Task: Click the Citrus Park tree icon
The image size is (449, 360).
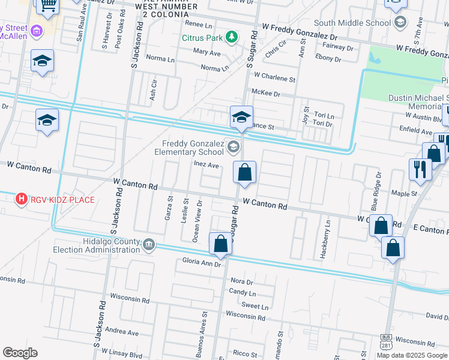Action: tap(231, 38)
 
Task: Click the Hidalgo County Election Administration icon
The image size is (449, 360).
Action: tap(148, 244)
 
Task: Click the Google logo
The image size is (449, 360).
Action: tap(20, 353)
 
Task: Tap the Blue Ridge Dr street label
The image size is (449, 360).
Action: tap(376, 191)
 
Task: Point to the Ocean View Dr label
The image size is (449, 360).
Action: tap(196, 226)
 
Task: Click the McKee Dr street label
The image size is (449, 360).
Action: tap(266, 93)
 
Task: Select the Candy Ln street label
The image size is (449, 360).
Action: tap(243, 293)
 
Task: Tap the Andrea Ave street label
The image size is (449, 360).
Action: tap(121, 332)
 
